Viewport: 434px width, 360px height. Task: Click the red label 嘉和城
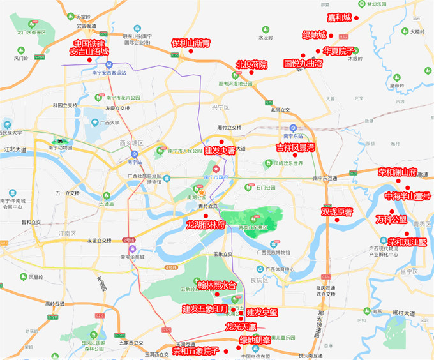[339, 17]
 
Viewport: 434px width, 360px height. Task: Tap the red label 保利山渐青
[191, 43]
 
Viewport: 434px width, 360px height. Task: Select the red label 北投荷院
[251, 64]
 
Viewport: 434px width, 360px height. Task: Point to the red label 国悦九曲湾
[303, 64]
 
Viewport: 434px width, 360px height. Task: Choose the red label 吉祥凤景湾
[296, 147]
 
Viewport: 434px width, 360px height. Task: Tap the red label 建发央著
[220, 151]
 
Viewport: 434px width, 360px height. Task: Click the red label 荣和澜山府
[396, 172]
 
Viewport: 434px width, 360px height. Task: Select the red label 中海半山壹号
[408, 196]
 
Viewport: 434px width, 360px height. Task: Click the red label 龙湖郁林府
[206, 225]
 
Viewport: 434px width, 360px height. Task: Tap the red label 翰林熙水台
[217, 285]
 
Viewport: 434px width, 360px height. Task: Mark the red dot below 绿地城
[317, 50]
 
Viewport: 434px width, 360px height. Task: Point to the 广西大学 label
[110, 123]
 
